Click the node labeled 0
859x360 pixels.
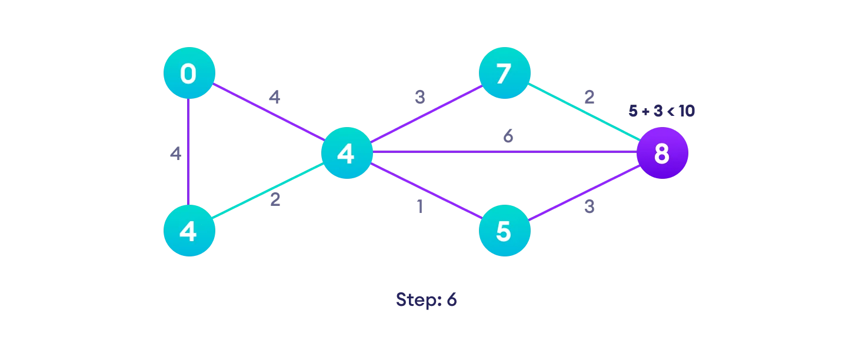(189, 73)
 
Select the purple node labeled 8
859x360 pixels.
(662, 153)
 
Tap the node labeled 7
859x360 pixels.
(504, 73)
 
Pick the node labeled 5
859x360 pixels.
(504, 231)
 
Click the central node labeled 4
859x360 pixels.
(347, 153)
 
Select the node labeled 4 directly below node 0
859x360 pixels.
(189, 231)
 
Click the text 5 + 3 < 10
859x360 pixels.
(661, 111)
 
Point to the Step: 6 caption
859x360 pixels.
(426, 299)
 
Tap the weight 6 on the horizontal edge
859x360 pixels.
(508, 136)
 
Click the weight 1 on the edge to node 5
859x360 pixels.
(419, 207)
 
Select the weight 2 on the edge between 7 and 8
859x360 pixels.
(589, 97)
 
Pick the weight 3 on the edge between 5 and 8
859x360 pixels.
(589, 207)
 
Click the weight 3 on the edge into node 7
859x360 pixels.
(419, 97)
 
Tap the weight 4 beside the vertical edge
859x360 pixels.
(175, 154)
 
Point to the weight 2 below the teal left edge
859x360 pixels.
(275, 200)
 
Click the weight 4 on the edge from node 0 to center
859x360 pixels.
(274, 97)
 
